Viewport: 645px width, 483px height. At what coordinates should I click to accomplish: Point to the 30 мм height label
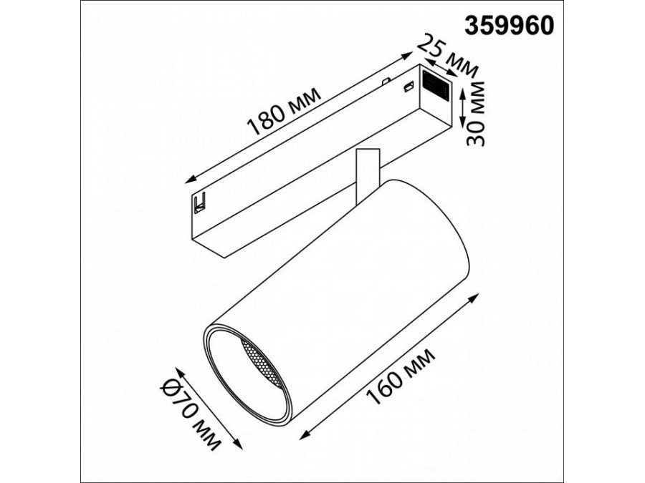(x=474, y=112)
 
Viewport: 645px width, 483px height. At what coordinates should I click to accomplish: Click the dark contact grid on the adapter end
(x=435, y=87)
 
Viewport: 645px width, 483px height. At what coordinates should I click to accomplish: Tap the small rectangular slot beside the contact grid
(x=409, y=87)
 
